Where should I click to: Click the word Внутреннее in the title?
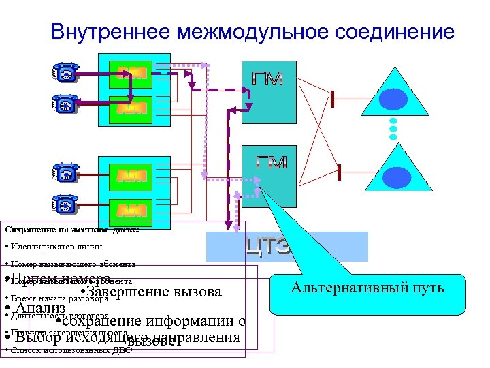click(110, 31)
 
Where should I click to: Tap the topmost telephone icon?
click(65, 74)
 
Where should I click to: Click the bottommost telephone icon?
click(65, 204)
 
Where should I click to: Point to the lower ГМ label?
click(271, 162)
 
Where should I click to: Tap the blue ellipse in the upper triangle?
click(393, 100)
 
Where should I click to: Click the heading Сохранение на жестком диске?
click(71, 230)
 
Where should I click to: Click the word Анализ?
click(41, 309)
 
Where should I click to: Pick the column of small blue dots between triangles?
click(393, 129)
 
